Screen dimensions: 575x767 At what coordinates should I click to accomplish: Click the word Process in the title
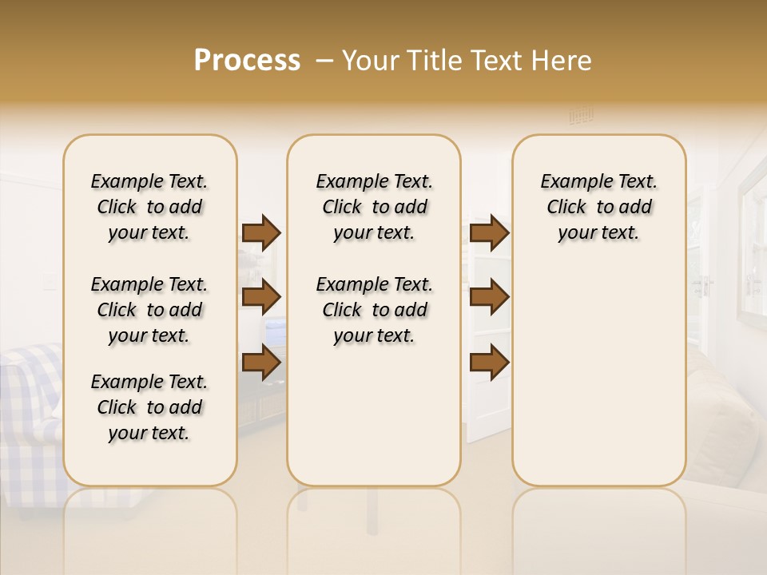[247, 61]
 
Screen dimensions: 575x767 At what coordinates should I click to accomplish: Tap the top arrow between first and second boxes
[261, 232]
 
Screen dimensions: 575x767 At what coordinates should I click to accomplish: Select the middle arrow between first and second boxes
[261, 297]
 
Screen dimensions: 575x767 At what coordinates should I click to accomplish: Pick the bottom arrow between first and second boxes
[261, 362]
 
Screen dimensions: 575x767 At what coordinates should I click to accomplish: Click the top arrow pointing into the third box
[489, 232]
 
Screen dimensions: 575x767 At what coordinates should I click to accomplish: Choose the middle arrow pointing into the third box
[489, 297]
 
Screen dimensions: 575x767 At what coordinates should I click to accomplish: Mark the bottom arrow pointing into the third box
[489, 362]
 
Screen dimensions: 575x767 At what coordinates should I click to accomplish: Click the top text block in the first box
[149, 207]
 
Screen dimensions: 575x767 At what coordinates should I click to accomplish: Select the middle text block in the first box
[149, 310]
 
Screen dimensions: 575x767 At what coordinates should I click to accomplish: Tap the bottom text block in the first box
[149, 407]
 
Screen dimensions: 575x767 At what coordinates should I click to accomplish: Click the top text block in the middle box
[374, 207]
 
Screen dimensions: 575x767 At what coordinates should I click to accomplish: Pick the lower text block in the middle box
[374, 310]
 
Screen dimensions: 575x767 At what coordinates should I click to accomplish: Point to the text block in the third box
[598, 207]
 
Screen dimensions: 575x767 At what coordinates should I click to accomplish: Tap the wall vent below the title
[581, 117]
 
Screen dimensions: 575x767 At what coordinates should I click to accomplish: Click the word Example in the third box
[570, 182]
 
